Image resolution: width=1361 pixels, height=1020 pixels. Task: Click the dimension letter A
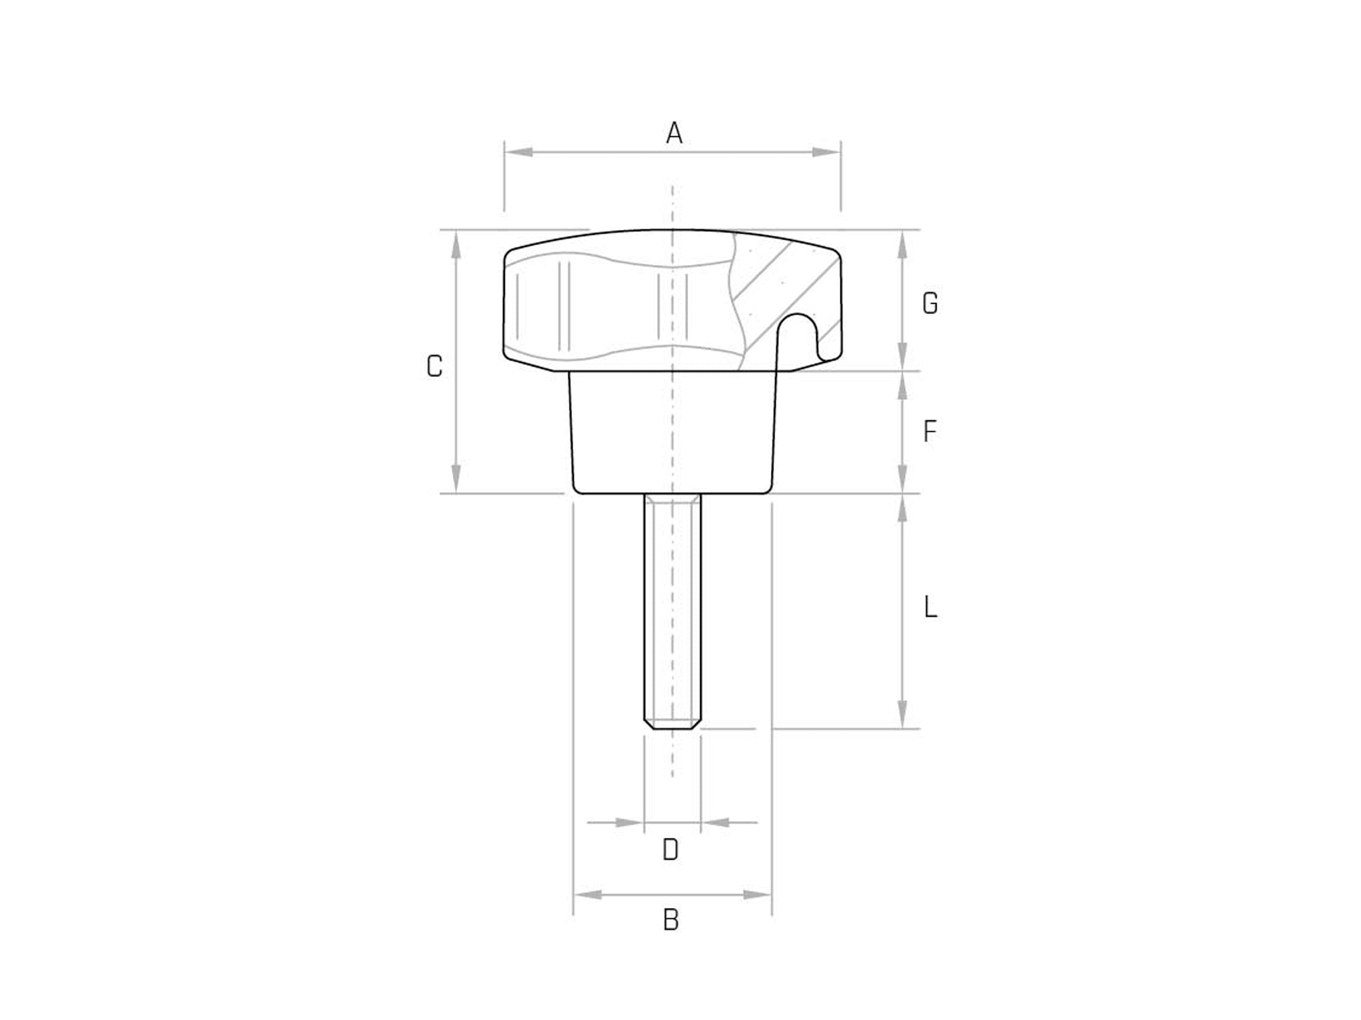pos(674,134)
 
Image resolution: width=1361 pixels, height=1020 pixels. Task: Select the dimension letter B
pos(670,920)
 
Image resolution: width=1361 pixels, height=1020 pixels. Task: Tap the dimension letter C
pos(435,366)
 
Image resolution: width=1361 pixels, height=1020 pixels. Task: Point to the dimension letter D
pos(670,850)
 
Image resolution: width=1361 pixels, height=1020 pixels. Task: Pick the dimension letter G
pos(930,304)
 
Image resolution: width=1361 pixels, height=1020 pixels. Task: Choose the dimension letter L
pos(930,608)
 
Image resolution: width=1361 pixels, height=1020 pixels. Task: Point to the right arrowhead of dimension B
pos(756,895)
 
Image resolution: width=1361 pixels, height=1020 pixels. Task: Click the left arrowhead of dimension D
pos(629,822)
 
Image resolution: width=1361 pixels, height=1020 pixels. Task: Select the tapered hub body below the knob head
pos(672,432)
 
